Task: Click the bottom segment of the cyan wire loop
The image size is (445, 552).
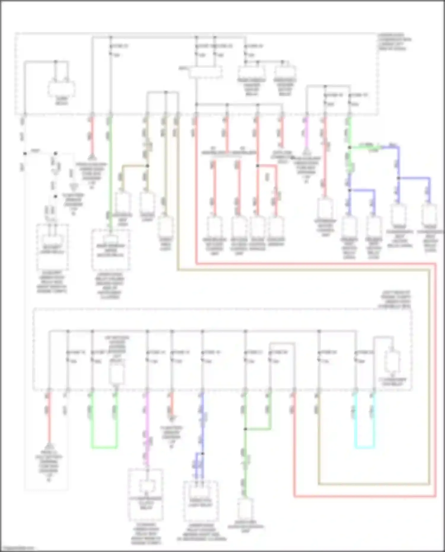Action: pos(364,447)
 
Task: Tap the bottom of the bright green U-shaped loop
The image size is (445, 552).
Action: pos(104,447)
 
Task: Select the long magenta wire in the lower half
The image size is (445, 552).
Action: pos(147,430)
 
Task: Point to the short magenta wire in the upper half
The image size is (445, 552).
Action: pos(307,133)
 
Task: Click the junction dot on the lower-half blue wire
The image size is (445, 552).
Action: pos(202,454)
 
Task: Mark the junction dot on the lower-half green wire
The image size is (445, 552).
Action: pos(246,429)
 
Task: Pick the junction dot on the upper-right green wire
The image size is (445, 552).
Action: pos(350,147)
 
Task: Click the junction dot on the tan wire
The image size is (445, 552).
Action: pos(147,166)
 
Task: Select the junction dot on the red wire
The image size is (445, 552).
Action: pos(258,166)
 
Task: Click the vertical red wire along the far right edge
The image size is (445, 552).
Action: pos(436,380)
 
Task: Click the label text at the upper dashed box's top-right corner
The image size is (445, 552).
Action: pos(394,42)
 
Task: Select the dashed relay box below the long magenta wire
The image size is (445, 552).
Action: pos(146,494)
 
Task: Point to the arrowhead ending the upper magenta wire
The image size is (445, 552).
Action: pos(307,154)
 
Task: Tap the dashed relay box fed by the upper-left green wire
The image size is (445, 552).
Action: pos(110,249)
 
